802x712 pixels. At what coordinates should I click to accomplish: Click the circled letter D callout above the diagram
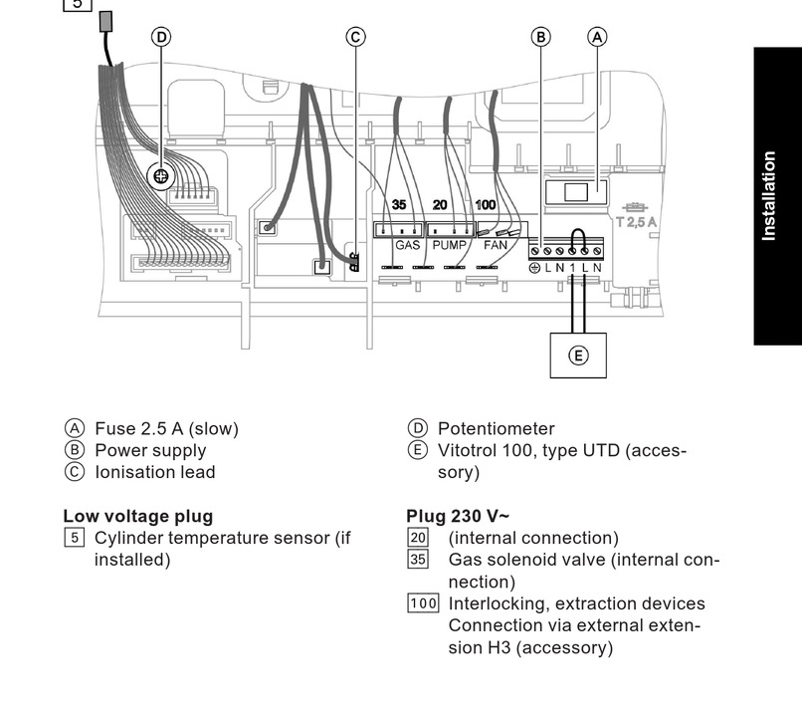pos(160,37)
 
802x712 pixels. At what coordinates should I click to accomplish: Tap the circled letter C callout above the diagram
pos(355,37)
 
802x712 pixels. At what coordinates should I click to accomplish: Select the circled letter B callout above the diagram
pos(540,37)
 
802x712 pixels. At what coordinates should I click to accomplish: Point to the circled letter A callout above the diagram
pos(597,37)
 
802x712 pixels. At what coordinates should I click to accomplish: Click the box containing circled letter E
pos(578,356)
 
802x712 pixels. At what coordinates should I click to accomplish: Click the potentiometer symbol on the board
pos(160,177)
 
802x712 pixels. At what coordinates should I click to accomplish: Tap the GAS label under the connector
pos(408,245)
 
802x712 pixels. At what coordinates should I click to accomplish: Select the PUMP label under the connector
pos(450,245)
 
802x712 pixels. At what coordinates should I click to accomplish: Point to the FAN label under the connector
pos(495,245)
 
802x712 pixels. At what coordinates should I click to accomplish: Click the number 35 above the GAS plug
pos(399,205)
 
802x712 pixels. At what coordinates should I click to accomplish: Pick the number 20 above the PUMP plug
pos(440,205)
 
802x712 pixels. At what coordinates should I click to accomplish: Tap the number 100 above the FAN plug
pos(485,205)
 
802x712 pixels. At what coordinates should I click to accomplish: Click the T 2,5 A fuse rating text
pos(635,221)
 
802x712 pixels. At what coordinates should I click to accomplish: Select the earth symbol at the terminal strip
pos(534,268)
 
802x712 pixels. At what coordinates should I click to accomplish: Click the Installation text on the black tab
pos(768,195)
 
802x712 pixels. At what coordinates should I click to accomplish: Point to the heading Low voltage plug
pos(137,516)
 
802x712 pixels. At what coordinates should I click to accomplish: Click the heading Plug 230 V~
pos(458,516)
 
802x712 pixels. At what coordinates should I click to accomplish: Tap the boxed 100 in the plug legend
pos(423,603)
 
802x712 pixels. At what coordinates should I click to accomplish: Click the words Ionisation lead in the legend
pos(154,472)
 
